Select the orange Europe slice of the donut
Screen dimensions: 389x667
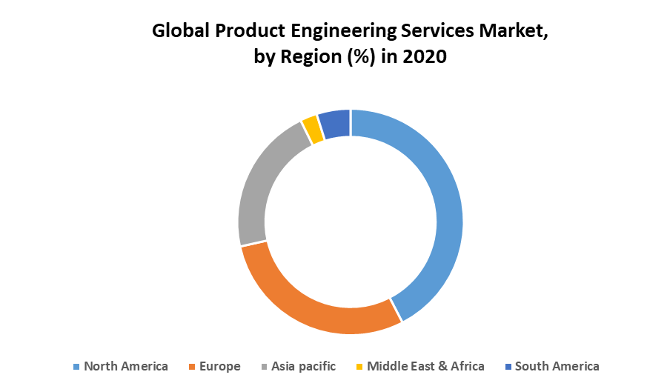tap(311, 304)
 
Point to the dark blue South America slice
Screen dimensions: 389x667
tap(335, 124)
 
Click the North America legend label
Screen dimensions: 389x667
tap(126, 366)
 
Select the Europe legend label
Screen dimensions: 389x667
tap(219, 366)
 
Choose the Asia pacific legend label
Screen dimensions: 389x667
tap(303, 366)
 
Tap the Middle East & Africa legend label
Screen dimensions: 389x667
tap(425, 366)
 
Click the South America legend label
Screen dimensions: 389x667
tap(557, 366)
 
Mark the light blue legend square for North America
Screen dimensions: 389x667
tap(76, 367)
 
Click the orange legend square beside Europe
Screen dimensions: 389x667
tap(192, 367)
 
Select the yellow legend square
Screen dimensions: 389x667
tap(360, 367)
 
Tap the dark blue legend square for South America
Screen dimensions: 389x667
tap(508, 367)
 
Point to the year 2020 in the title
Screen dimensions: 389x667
tap(425, 56)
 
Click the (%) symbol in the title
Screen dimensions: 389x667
tap(359, 57)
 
